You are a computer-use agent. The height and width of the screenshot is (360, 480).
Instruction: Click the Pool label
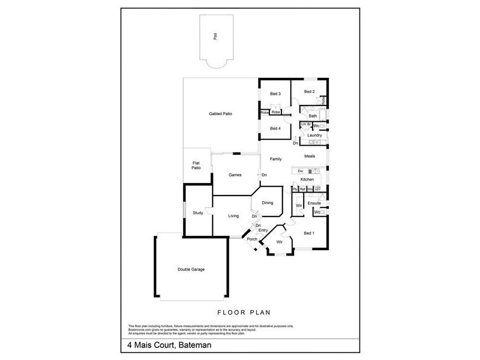tap(215, 37)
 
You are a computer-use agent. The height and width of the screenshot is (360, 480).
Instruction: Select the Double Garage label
tap(191, 269)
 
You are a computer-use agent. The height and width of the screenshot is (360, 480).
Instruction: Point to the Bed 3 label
tap(275, 94)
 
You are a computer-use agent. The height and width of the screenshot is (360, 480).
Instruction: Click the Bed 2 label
tap(309, 91)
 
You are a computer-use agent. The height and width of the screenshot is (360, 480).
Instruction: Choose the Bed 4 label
tap(275, 128)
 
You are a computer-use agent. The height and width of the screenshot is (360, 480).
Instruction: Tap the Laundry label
tap(315, 136)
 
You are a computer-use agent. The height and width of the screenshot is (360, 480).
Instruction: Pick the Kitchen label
tap(307, 179)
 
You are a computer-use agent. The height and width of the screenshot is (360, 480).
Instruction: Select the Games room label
tap(235, 175)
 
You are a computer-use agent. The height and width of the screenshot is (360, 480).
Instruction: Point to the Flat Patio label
tap(196, 166)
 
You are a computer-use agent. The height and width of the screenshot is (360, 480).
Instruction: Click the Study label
tap(198, 213)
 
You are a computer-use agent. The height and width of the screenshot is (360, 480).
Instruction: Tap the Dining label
tap(267, 203)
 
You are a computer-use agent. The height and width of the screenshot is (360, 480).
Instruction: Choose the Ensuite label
tap(314, 203)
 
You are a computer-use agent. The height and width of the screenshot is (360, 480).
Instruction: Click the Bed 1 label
tap(308, 233)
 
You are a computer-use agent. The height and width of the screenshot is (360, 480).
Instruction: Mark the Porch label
tap(252, 239)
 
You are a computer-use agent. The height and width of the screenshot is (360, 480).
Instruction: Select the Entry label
tap(263, 230)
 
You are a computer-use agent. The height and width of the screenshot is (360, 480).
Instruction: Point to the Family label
tap(275, 159)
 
